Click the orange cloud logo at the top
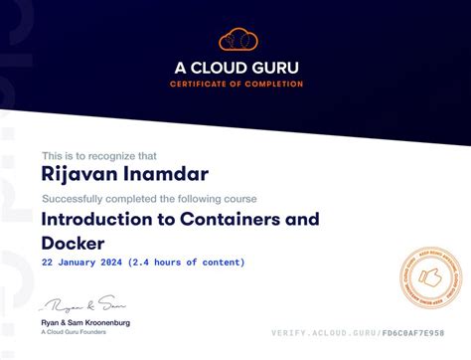coord(237,41)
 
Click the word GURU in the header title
coord(275,68)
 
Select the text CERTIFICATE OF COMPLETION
coord(237,84)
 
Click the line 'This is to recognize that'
coord(99,155)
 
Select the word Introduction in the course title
coord(94,219)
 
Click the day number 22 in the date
coord(48,263)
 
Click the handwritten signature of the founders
coord(83,303)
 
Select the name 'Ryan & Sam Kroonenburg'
coord(85,323)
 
